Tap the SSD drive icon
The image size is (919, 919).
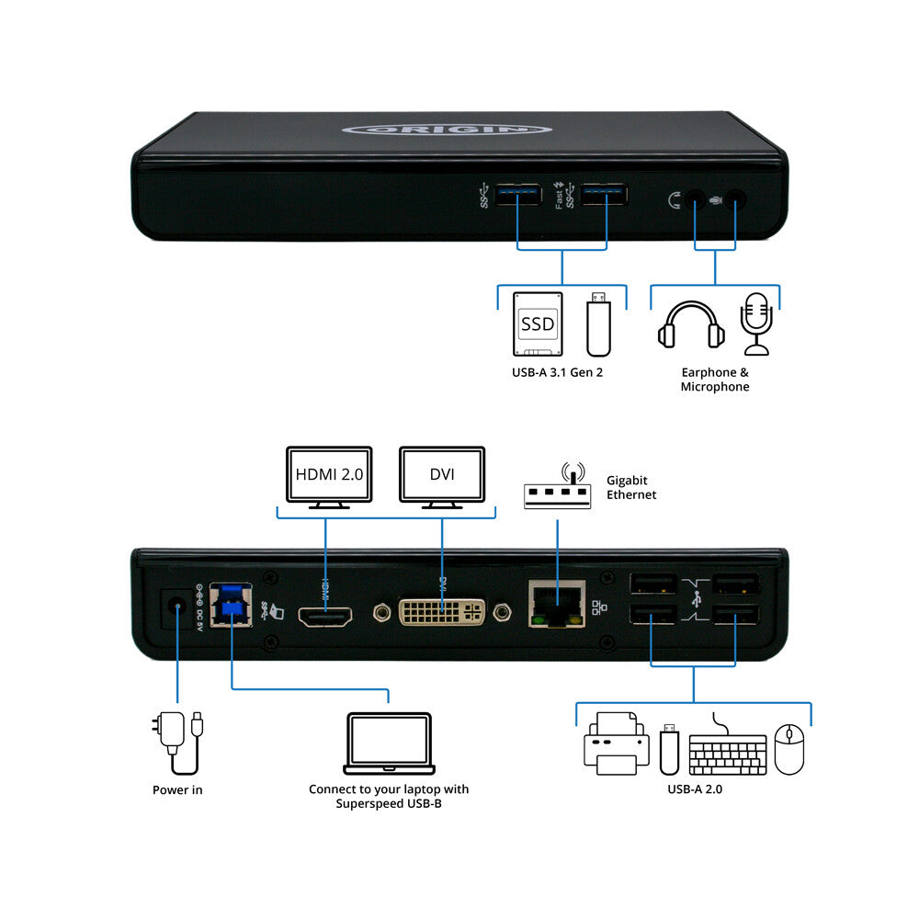[537, 323]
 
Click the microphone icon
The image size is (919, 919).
[757, 323]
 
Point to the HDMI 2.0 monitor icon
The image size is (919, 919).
[329, 477]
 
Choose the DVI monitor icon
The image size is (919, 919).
[442, 477]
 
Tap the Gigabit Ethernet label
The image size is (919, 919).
[631, 487]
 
